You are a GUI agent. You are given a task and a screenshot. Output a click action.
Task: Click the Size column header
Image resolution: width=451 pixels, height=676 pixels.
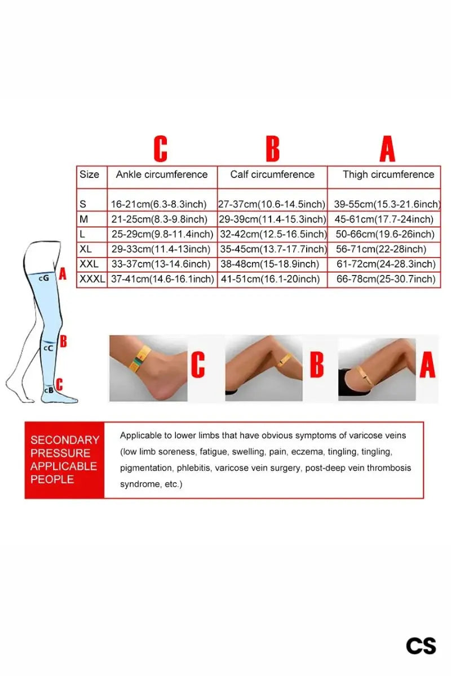[x=89, y=175]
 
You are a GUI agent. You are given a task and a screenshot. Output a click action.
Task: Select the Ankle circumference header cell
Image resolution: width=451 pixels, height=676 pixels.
[x=162, y=175]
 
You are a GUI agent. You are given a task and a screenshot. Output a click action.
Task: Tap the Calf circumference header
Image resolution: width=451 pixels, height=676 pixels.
[x=272, y=175]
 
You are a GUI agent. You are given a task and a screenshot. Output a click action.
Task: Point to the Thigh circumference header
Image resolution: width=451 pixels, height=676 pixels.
[x=388, y=175]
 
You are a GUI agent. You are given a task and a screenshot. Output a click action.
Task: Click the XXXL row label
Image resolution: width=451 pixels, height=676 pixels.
[x=92, y=279]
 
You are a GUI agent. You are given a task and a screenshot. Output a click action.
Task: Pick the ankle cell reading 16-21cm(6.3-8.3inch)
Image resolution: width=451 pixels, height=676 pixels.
[x=158, y=204]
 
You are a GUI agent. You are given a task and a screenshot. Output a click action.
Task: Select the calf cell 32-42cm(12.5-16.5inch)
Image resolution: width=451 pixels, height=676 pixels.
[x=273, y=234]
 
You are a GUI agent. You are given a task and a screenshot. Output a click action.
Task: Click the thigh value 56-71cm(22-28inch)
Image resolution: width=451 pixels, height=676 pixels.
[x=381, y=249]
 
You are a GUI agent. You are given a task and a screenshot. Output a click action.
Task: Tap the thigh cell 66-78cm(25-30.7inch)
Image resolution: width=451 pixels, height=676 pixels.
[x=386, y=279]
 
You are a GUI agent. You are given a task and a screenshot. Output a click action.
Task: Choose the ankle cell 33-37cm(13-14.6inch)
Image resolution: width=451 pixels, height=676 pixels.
[x=161, y=264]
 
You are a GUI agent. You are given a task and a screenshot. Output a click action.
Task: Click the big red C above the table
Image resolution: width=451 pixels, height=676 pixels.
[x=161, y=149]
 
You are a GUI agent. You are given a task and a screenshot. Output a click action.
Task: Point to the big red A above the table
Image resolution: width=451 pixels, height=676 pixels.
[x=387, y=149]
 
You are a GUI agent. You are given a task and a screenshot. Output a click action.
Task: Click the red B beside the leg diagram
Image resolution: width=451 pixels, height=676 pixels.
[x=63, y=341]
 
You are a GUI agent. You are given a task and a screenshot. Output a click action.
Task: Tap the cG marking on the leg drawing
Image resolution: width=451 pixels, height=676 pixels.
[x=44, y=278]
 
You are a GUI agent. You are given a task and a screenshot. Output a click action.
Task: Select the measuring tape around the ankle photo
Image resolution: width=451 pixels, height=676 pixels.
[x=140, y=359]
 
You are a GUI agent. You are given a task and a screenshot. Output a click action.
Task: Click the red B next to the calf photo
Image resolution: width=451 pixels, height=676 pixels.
[x=317, y=364]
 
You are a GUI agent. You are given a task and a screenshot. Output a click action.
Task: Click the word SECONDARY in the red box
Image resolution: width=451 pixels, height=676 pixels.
[x=65, y=440]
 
